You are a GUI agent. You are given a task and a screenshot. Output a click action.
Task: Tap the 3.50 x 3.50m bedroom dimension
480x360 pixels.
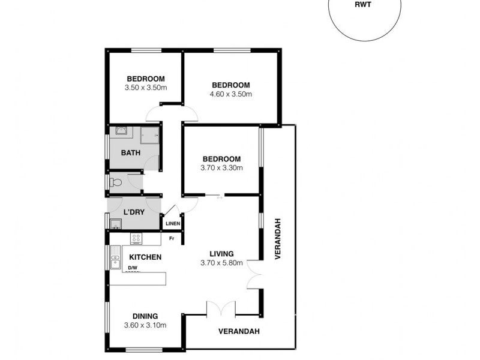(145, 88)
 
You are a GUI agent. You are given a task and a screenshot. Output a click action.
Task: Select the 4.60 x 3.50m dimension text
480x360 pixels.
(230, 94)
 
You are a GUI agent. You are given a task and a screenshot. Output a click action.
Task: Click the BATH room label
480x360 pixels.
(131, 152)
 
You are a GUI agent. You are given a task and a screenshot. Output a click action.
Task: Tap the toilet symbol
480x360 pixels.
(116, 182)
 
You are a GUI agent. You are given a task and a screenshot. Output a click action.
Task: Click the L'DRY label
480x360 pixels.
(133, 213)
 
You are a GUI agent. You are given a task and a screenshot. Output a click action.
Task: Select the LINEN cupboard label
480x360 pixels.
(173, 224)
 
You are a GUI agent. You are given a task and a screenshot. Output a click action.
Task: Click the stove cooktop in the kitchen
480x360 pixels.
(137, 238)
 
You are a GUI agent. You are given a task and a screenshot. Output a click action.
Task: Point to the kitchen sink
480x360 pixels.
(115, 262)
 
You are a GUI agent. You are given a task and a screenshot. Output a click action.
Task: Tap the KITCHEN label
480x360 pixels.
(145, 257)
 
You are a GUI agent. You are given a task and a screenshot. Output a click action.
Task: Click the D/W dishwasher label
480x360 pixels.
(133, 268)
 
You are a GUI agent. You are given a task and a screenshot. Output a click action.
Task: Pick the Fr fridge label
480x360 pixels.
(172, 239)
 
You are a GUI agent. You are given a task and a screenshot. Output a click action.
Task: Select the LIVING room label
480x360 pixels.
(221, 253)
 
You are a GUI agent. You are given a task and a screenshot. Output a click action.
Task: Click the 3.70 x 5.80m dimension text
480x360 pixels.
(221, 262)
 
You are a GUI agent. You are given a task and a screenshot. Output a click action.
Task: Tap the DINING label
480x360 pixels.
(145, 316)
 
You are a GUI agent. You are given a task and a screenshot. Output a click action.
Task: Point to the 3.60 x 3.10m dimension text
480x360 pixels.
(145, 325)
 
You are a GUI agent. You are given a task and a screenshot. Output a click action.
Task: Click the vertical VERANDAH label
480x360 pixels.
(278, 238)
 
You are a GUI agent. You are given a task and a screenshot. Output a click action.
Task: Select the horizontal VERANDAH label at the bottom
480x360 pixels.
(239, 331)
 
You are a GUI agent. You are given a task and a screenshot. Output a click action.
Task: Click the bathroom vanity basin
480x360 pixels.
(120, 130)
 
